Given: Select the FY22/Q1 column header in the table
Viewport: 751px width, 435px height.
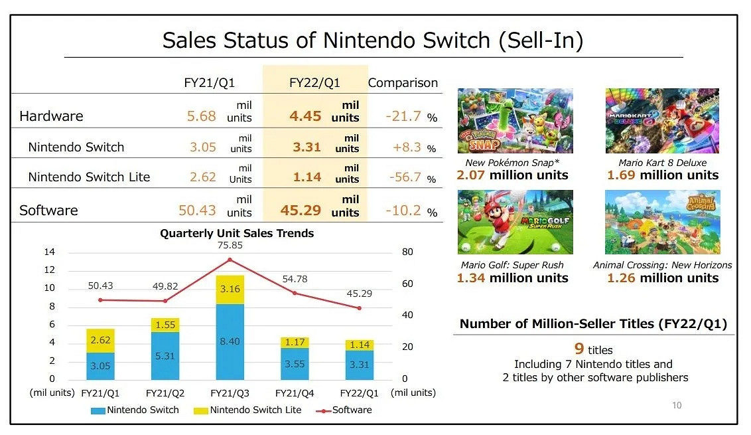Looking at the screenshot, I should [314, 83].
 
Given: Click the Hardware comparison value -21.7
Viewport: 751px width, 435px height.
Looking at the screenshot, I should [403, 116].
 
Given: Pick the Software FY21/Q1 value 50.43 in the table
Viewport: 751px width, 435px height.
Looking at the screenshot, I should [198, 211].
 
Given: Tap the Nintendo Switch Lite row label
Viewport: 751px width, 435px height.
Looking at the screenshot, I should [89, 177].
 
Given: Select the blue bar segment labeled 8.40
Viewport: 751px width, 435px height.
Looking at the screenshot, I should [230, 341].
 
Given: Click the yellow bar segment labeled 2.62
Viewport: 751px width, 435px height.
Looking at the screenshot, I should [100, 340].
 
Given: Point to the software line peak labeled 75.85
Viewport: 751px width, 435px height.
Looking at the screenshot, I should [230, 259].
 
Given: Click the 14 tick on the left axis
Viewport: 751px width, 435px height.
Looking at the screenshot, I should [50, 252].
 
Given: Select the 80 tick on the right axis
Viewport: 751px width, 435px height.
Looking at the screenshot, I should [407, 252].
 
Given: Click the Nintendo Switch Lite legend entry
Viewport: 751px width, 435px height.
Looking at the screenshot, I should [249, 410].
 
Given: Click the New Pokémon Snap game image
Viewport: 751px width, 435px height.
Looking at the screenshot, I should [515, 121].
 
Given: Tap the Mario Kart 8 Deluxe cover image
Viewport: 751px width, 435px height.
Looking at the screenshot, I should [662, 121].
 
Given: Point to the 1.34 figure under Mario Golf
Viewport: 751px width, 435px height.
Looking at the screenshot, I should [469, 278].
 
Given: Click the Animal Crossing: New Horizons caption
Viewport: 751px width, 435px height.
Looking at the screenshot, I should [662, 265].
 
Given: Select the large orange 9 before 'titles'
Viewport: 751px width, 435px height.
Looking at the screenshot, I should [579, 349].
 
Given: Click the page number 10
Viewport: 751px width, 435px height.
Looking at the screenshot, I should [677, 405].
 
